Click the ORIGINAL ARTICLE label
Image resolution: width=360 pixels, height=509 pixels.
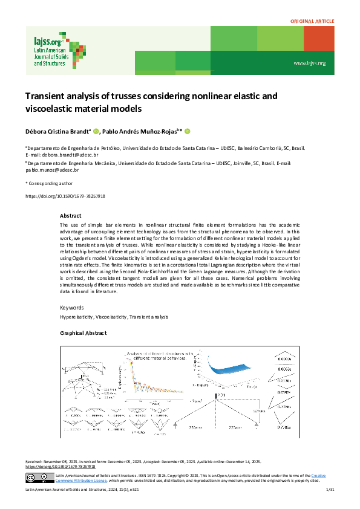coord(312,21)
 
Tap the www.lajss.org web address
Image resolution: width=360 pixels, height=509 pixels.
coord(309,63)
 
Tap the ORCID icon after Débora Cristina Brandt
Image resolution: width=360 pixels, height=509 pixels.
coord(96,131)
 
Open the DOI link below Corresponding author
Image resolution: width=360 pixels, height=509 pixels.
coord(65,196)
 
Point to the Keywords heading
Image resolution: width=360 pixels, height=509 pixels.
coord(72,307)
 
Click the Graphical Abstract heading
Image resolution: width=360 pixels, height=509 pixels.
coord(83,333)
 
